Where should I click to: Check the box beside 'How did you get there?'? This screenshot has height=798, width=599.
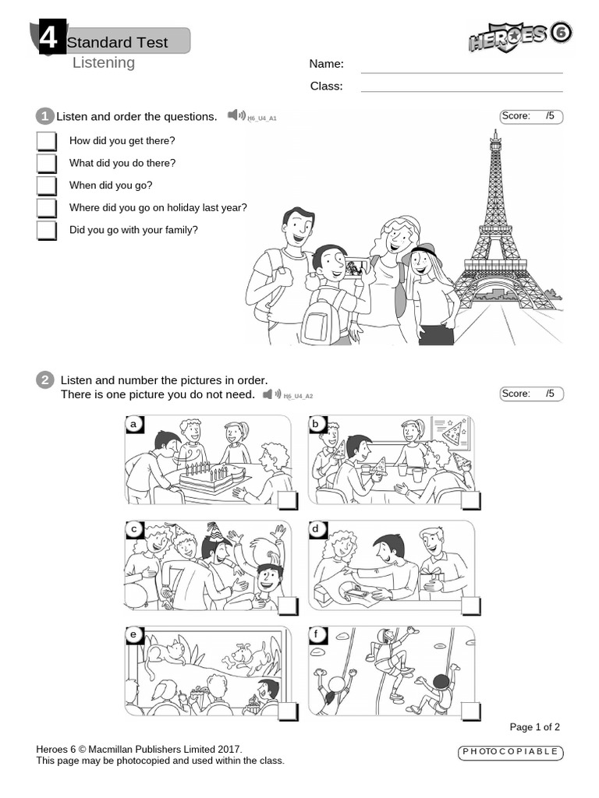coord(46,141)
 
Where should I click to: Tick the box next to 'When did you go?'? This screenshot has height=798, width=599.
coord(46,185)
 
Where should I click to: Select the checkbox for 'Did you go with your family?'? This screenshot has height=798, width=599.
coord(46,230)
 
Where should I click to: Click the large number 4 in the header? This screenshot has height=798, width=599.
coord(49,37)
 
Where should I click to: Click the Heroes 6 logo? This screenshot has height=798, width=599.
coord(519,36)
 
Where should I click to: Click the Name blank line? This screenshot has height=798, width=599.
coord(462,72)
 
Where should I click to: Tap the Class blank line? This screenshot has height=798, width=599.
coord(462,92)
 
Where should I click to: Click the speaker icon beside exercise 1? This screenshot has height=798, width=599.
coord(236,115)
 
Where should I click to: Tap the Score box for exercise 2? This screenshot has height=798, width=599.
coord(531,394)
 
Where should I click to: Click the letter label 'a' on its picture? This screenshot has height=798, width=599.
coord(134,424)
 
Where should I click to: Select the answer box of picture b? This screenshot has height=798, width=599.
coord(470,501)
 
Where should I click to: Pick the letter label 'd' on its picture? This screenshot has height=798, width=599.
coord(317,529)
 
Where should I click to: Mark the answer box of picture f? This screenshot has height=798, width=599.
coord(470,711)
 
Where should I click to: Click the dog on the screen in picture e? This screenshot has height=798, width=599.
coord(248,656)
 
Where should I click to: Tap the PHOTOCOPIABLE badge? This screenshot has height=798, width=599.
coord(510,752)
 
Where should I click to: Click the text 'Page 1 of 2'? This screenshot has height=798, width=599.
coord(534,727)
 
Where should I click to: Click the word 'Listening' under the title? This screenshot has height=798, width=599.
coord(104,63)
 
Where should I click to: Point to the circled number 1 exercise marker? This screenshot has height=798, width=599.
coord(44,117)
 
